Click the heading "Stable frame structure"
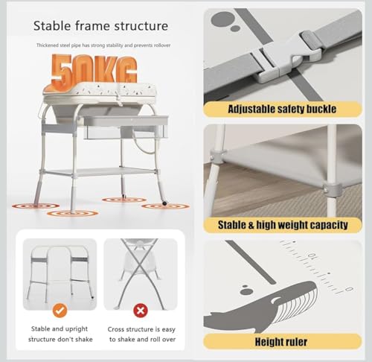pos(100,26)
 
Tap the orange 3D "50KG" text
pos(94,69)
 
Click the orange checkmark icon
pos(60,311)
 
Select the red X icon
pos(141,311)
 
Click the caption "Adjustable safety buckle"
pos(282,109)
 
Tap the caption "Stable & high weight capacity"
pos(283,225)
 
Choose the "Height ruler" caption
pos(281,342)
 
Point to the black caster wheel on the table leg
pos(164,203)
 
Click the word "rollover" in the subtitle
pos(162,45)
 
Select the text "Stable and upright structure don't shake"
pos(60,334)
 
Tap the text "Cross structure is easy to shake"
pos(142,334)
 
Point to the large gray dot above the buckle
pos(222,20)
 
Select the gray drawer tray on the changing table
pos(126,127)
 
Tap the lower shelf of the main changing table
pos(99,172)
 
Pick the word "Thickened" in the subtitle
pos(47,45)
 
